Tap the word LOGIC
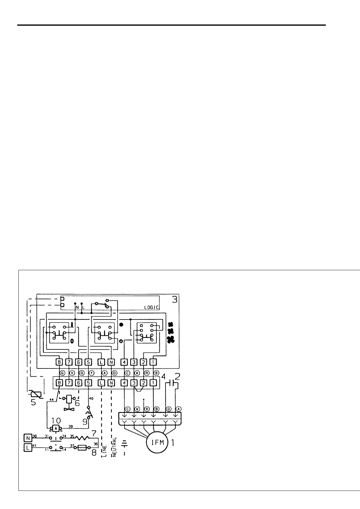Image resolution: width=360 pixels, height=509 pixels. click(151, 307)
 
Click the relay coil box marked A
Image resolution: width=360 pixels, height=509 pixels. click(56, 428)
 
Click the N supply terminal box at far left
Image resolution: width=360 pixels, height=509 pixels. click(28, 437)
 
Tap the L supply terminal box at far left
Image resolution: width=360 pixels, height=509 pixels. click(28, 448)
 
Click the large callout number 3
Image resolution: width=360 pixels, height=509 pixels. click(175, 300)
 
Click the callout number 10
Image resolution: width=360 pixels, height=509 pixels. click(56, 420)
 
